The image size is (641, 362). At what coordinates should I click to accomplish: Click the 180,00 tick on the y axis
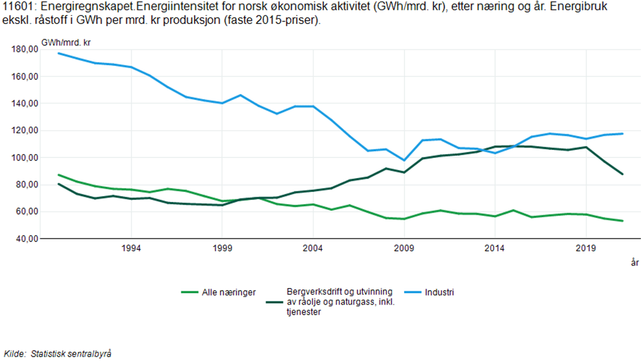click(x=25, y=49)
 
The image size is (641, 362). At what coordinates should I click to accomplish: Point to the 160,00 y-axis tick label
click(x=25, y=77)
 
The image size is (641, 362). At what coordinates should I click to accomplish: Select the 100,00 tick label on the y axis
click(x=25, y=158)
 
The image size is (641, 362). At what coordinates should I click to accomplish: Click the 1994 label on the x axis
click(x=131, y=248)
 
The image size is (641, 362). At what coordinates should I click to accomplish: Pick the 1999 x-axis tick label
click(x=222, y=248)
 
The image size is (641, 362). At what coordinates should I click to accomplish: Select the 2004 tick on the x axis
click(x=313, y=248)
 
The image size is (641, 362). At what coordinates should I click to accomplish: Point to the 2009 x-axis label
click(x=404, y=248)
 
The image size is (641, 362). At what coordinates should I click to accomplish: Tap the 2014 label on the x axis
click(x=495, y=248)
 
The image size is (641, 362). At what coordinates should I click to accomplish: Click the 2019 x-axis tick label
click(x=586, y=248)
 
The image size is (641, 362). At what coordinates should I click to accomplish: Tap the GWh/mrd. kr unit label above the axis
click(x=66, y=43)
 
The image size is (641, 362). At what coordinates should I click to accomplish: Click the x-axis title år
click(x=634, y=263)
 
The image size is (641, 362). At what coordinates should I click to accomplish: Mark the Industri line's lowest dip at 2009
click(x=404, y=160)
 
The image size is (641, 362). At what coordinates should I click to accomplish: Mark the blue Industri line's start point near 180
click(x=59, y=53)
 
